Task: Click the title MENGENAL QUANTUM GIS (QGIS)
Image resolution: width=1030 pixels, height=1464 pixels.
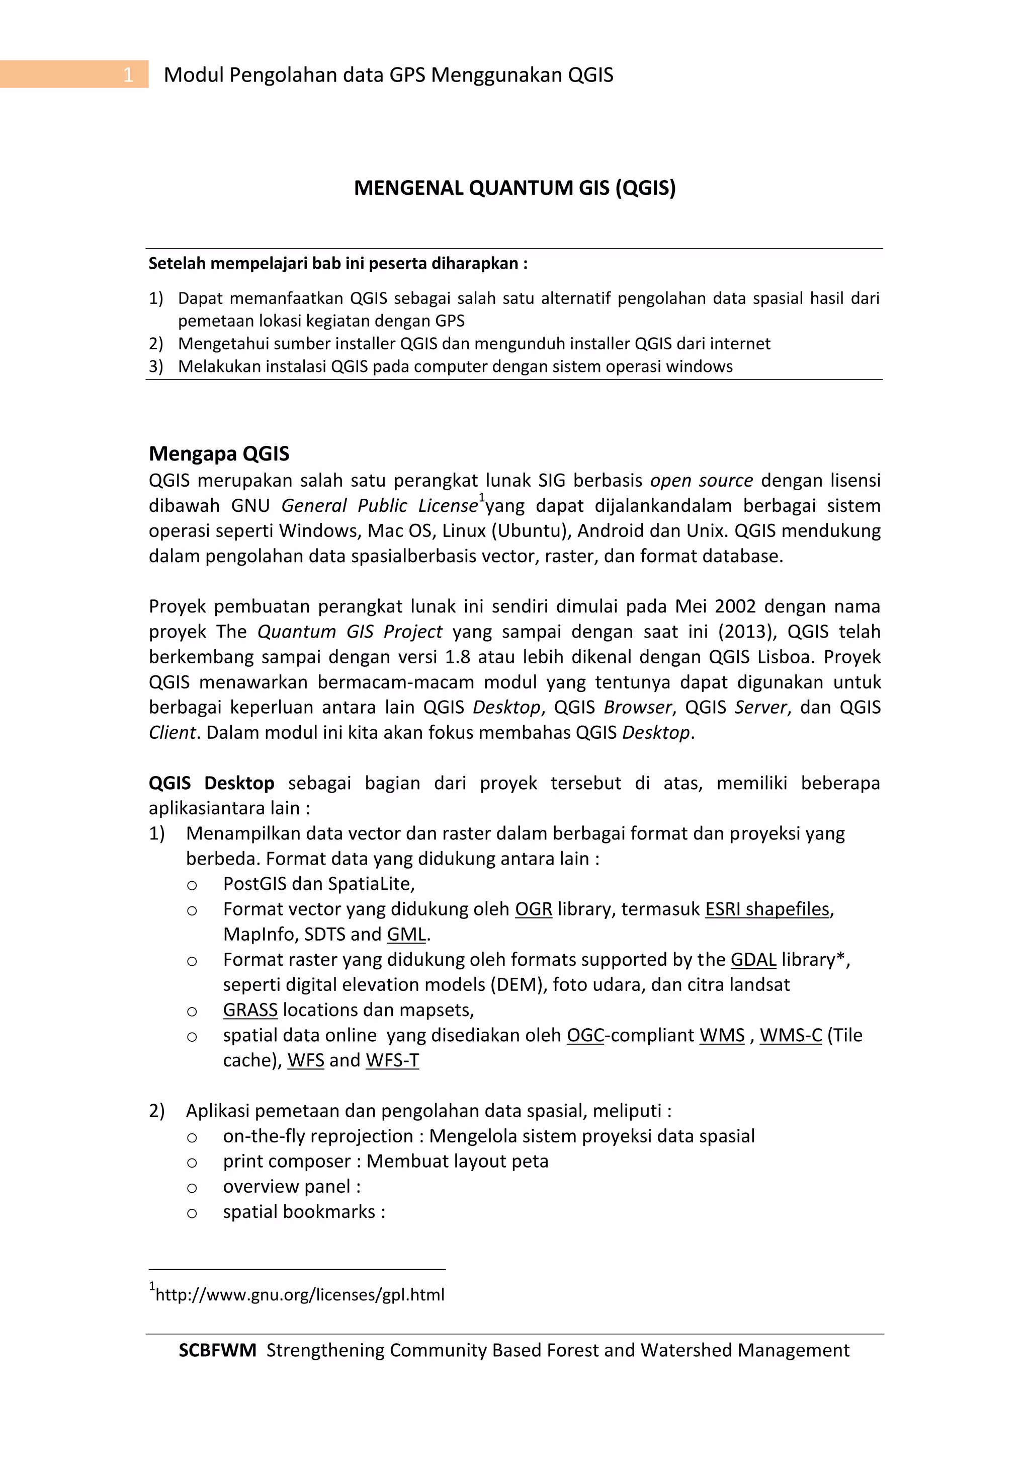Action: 514,188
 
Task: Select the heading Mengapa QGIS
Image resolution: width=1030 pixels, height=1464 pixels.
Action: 219,453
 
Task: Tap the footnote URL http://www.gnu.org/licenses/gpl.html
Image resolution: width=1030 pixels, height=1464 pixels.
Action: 300,1294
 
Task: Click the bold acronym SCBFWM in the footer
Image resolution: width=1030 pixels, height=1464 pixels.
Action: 217,1350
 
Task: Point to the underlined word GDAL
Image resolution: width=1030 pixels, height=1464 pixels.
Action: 753,960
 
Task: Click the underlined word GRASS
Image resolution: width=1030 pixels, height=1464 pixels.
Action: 250,1010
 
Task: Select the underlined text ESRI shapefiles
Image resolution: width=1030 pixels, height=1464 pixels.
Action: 767,909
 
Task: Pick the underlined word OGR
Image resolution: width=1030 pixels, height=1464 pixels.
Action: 533,909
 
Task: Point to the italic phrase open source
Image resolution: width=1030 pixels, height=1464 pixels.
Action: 701,480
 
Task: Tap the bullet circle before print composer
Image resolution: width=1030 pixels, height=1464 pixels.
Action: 192,1163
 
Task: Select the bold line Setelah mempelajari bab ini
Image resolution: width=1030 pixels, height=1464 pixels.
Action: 338,263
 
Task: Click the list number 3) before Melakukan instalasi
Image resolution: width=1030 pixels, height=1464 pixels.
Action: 156,367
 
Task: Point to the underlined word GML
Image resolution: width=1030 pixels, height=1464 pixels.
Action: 406,935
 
